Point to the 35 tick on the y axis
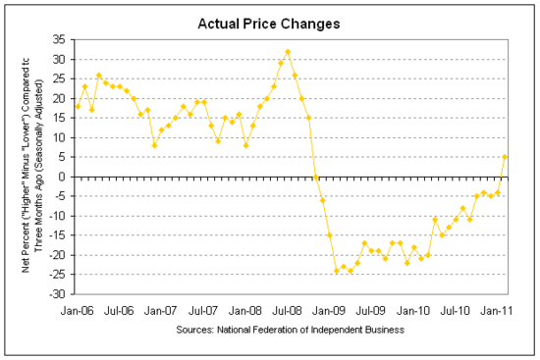60,39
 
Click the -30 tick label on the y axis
57,294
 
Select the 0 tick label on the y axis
63,177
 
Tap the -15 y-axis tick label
57,235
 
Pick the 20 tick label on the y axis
60,98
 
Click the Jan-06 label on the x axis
78,309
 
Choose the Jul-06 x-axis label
121,309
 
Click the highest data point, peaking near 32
288,51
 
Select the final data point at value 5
506,157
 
